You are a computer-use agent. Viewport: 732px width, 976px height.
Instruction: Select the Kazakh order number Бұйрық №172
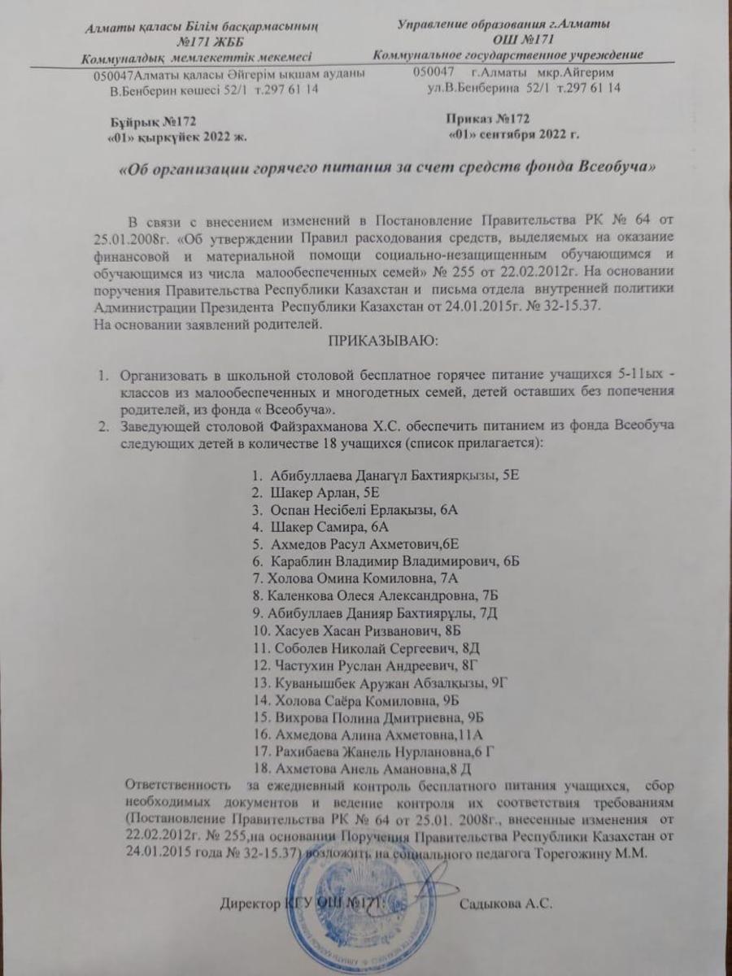click(154, 121)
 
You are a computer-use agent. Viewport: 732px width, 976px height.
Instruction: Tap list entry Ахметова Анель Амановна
click(362, 768)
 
